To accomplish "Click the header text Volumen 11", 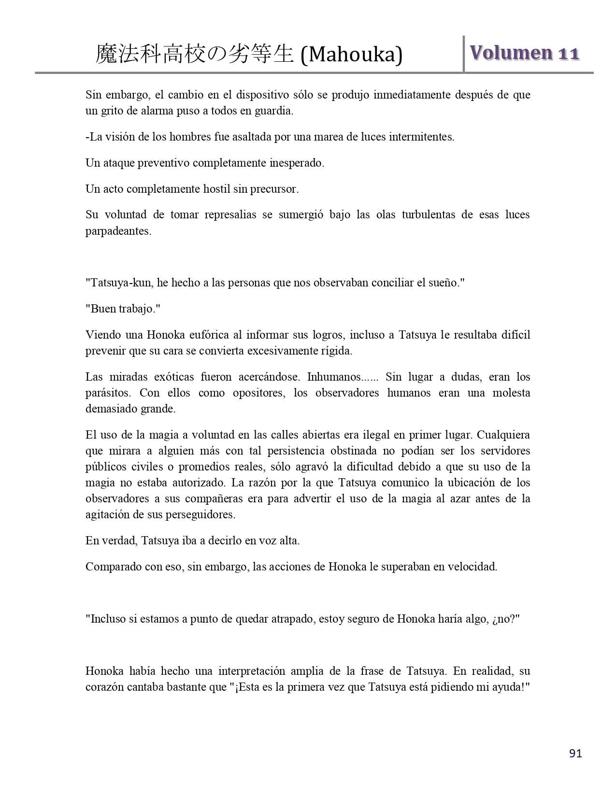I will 524,53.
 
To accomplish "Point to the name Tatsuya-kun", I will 122,283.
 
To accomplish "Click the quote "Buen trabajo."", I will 123,309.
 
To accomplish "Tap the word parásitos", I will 108,393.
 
